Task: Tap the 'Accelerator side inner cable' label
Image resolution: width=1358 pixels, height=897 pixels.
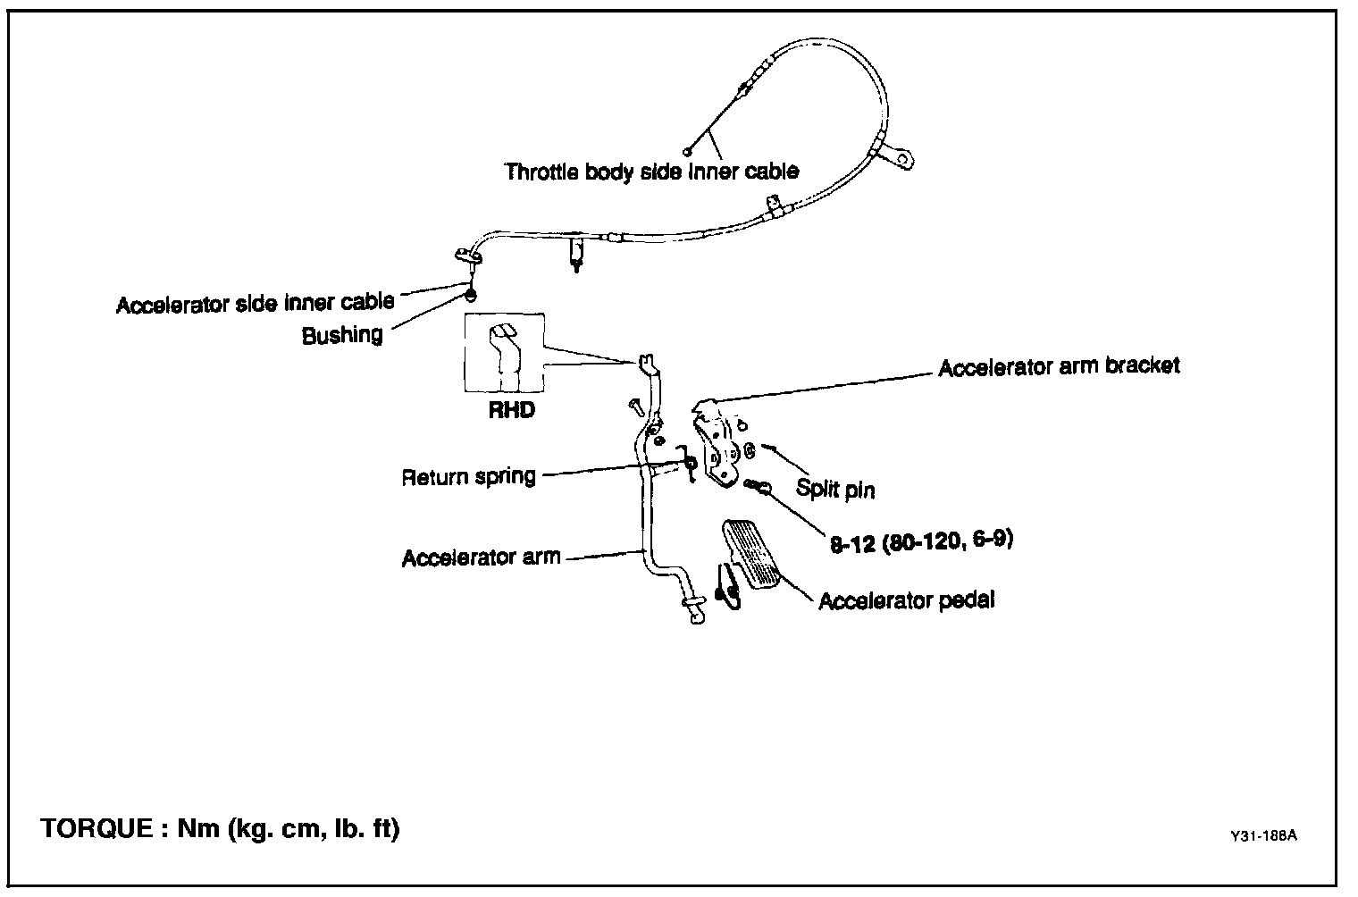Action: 255,303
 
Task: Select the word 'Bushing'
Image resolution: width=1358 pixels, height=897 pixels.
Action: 342,335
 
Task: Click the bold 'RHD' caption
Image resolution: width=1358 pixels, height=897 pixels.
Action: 512,412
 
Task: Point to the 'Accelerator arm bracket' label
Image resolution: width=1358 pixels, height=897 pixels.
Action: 1059,366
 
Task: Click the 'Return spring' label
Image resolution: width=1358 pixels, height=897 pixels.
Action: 468,476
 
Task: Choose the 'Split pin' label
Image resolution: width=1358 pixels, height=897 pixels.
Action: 835,490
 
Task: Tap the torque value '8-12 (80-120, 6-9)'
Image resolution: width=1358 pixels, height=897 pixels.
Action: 921,541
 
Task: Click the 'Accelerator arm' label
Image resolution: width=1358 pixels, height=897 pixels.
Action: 481,557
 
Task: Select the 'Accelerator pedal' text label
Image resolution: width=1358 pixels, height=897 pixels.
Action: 906,600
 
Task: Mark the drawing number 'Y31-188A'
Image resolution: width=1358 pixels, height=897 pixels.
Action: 1262,836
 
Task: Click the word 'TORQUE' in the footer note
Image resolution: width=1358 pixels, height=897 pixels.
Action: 96,829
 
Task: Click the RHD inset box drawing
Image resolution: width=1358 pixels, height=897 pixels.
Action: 504,354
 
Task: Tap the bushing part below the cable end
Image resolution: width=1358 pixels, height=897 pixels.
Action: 470,295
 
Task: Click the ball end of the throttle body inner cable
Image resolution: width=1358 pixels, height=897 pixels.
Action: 687,151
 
